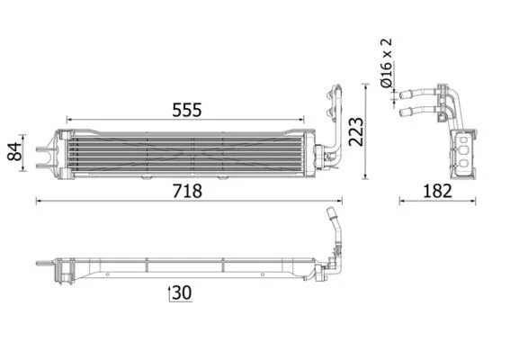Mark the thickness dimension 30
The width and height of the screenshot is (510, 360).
[181, 292]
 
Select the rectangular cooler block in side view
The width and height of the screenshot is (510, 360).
[463, 153]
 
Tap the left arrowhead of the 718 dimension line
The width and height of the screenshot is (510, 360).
[38, 201]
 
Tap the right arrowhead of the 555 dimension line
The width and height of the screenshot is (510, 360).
[302, 119]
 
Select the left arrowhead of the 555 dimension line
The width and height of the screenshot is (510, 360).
[69, 119]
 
